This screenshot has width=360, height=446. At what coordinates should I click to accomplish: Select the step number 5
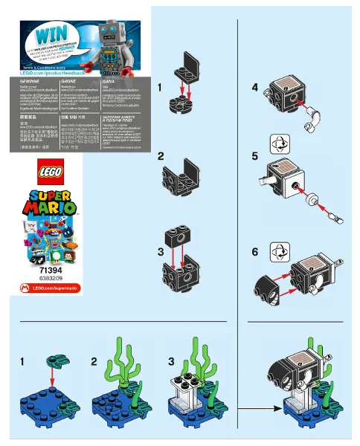[254, 157]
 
